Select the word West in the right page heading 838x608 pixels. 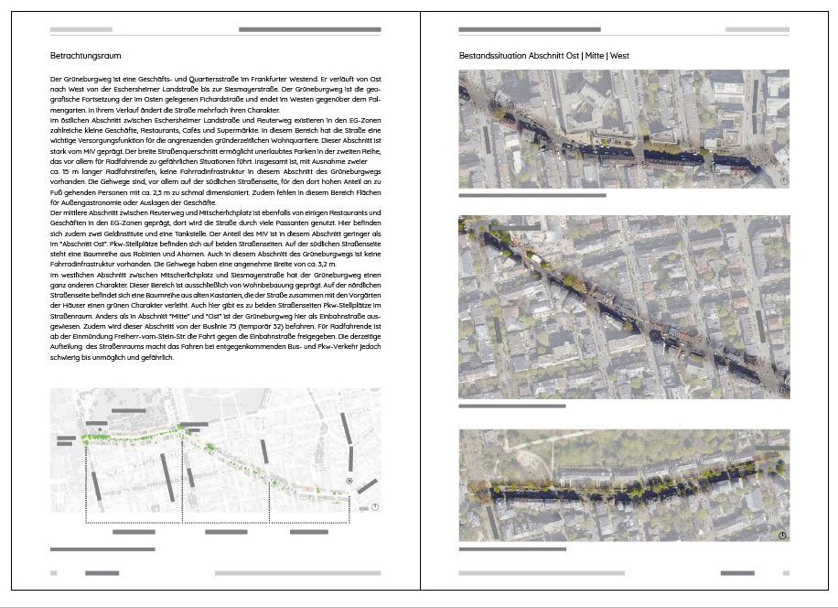[x=619, y=56]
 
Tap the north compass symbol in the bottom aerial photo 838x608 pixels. [x=783, y=535]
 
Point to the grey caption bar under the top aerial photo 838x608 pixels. [x=532, y=195]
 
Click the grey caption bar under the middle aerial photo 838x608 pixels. [x=511, y=406]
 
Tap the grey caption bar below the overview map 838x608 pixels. [x=102, y=549]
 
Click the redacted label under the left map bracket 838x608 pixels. [x=134, y=532]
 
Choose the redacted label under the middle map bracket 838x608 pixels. [x=226, y=532]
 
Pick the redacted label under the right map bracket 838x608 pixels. [x=308, y=532]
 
